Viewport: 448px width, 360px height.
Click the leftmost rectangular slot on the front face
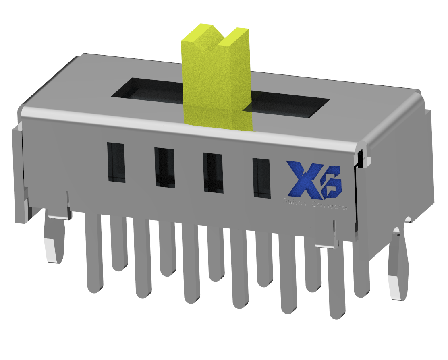tap(116, 162)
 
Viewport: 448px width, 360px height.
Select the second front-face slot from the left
tap(164, 168)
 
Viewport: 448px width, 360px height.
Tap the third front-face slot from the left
tap(213, 172)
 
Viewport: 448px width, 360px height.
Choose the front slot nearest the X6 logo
tap(261, 178)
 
